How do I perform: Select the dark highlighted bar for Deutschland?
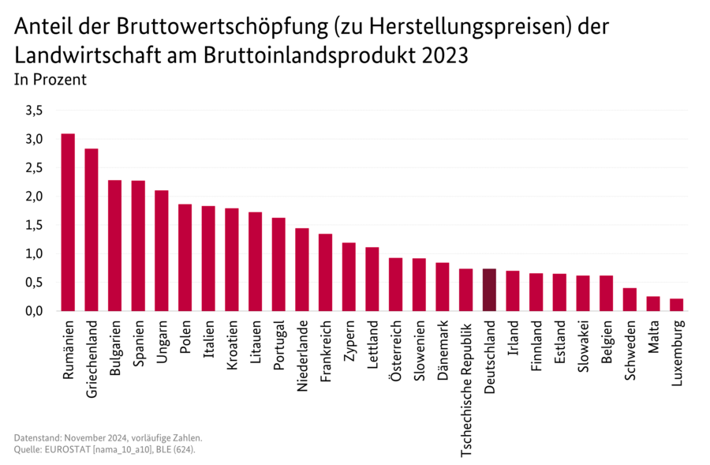pos(489,290)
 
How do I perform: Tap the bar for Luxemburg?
pos(676,305)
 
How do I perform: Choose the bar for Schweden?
pos(630,299)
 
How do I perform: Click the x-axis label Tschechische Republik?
pos(466,387)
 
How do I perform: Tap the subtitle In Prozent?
pos(50,80)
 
